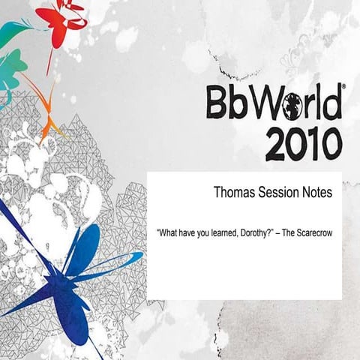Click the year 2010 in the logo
click(x=303, y=143)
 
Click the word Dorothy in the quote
click(x=252, y=233)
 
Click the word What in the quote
click(x=166, y=233)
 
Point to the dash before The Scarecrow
click(x=276, y=233)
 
